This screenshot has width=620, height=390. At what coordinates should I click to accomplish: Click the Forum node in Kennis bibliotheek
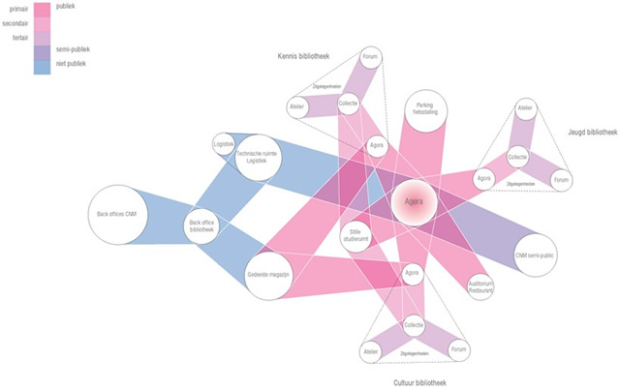[x=370, y=58]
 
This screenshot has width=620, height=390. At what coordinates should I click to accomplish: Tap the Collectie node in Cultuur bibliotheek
[x=415, y=325]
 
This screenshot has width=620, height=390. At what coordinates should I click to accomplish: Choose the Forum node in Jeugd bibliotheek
[x=560, y=180]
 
